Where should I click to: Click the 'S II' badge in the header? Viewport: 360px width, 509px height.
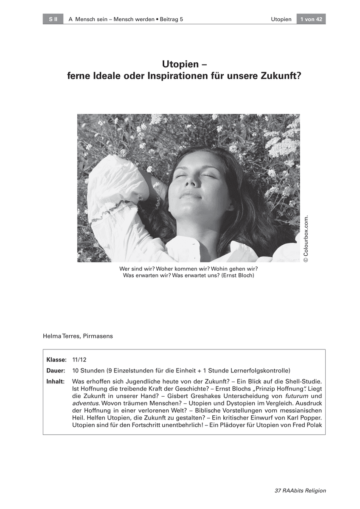(x=53, y=19)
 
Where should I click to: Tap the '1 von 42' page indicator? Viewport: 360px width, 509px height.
(x=311, y=19)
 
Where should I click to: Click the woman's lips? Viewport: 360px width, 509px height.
(x=191, y=195)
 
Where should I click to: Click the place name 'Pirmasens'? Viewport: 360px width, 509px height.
(x=98, y=336)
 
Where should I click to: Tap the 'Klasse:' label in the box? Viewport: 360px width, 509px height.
(x=56, y=360)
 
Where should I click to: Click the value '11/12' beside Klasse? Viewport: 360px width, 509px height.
(x=79, y=360)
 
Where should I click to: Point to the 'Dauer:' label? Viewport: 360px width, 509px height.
(x=56, y=370)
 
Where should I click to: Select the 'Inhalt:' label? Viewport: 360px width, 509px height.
(x=56, y=381)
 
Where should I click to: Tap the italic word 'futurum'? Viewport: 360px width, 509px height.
(x=294, y=396)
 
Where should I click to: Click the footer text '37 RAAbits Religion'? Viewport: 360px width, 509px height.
(x=300, y=491)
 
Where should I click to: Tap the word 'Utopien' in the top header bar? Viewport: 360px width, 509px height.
(x=281, y=19)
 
